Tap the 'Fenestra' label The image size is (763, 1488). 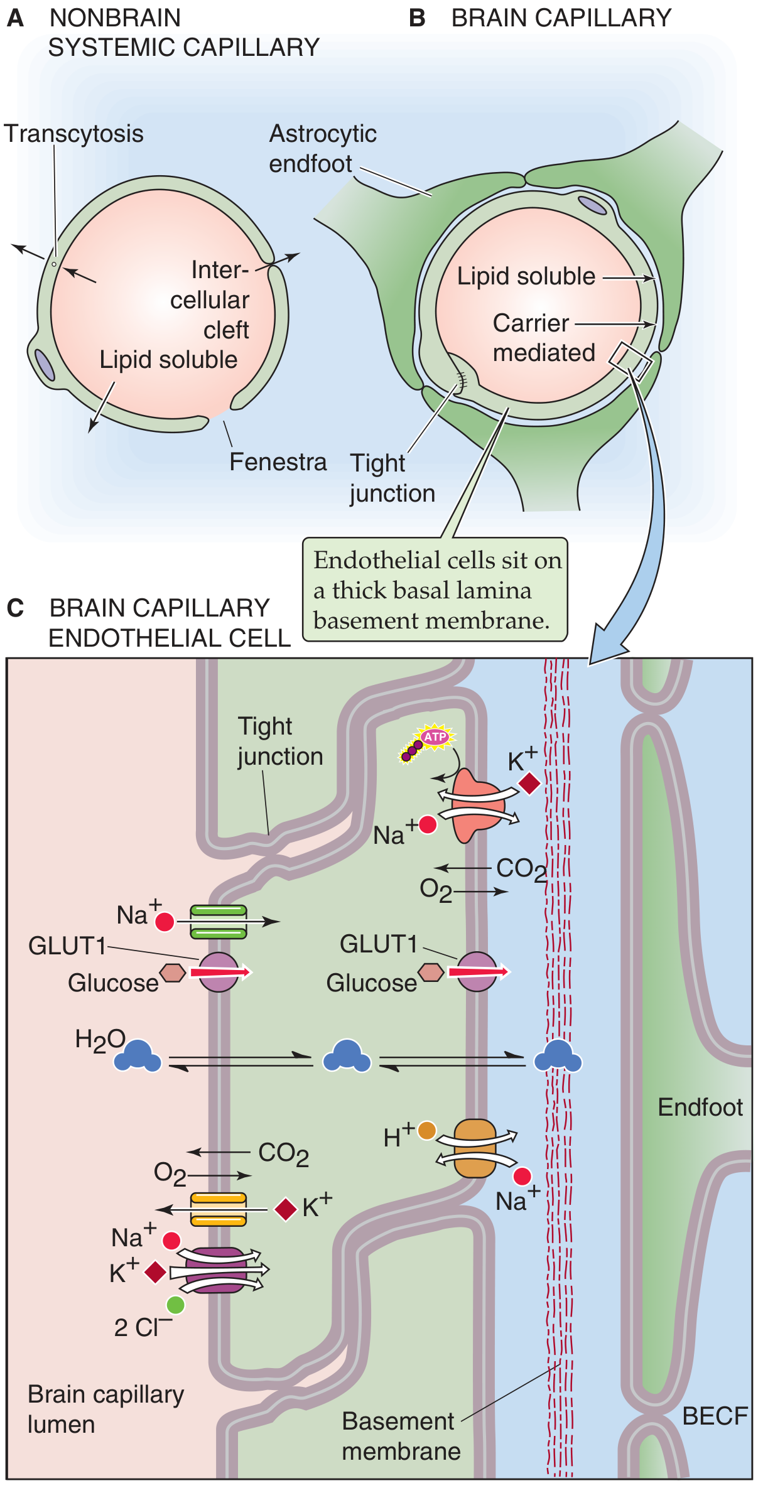click(278, 462)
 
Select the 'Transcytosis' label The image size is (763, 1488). click(73, 134)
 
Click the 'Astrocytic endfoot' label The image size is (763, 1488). click(323, 149)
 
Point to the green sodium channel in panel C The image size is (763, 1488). click(218, 922)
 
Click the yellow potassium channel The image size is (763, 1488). click(218, 1209)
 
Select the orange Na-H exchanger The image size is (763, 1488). click(475, 1149)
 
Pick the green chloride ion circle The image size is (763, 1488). click(176, 1305)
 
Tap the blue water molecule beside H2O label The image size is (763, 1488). click(138, 1056)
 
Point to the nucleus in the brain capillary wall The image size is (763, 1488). click(592, 205)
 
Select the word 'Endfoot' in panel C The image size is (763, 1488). click(700, 1107)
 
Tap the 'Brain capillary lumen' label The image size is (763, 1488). click(106, 1409)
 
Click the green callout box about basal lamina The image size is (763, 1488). click(435, 590)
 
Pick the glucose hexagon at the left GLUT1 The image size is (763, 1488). click(172, 973)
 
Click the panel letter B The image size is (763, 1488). click(417, 18)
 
